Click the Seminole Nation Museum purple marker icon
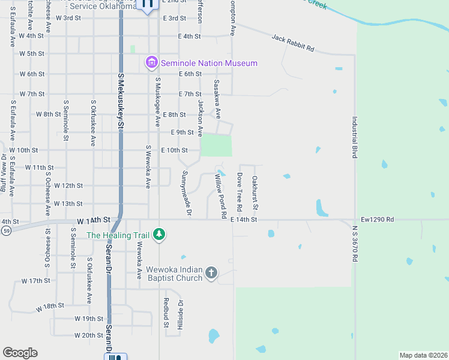tap(151, 62)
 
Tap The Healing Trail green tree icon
tap(158, 234)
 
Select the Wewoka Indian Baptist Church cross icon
tap(211, 273)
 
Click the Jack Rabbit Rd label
tap(293, 42)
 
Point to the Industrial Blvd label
tap(355, 137)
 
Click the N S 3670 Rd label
tap(355, 244)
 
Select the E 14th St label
tap(244, 220)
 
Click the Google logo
tap(20, 353)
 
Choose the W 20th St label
tap(89, 335)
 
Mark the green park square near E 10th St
tap(216, 146)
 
